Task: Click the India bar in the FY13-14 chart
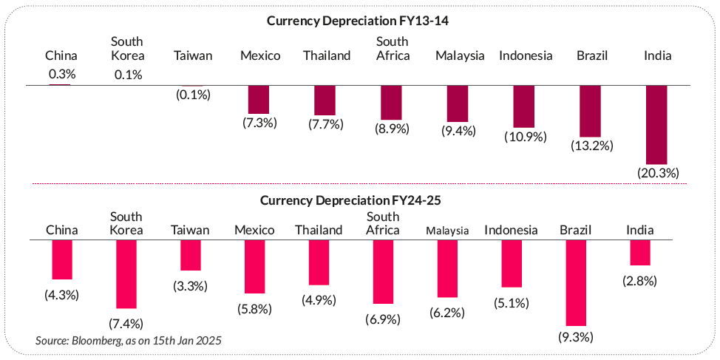[x=656, y=124]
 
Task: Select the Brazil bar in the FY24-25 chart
[x=576, y=282]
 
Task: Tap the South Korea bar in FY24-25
[x=126, y=274]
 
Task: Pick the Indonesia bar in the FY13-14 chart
[x=523, y=106]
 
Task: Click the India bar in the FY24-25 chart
[x=640, y=253]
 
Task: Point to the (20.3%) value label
[x=656, y=172]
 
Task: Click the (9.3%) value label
[x=576, y=337]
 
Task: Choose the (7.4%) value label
[x=126, y=323]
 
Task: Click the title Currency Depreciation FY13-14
[x=359, y=21]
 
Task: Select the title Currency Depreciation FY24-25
[x=359, y=200]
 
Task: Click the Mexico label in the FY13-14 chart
[x=260, y=55]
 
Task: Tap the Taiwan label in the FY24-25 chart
[x=190, y=230]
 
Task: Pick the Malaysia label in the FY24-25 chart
[x=447, y=231]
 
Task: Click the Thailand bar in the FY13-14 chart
[x=325, y=100]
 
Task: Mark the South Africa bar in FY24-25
[x=383, y=271]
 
